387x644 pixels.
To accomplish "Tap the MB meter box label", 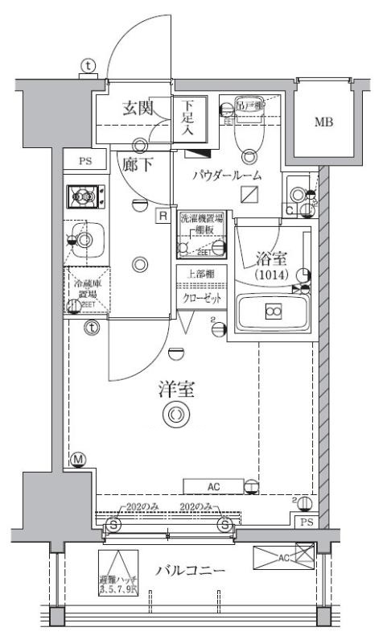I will (x=323, y=122).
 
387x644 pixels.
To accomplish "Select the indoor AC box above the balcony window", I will (x=213, y=485).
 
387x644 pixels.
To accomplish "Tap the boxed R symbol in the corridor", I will (x=163, y=216).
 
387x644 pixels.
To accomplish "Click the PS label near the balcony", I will (x=305, y=522).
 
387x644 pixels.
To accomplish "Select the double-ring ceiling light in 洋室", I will (x=175, y=415).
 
